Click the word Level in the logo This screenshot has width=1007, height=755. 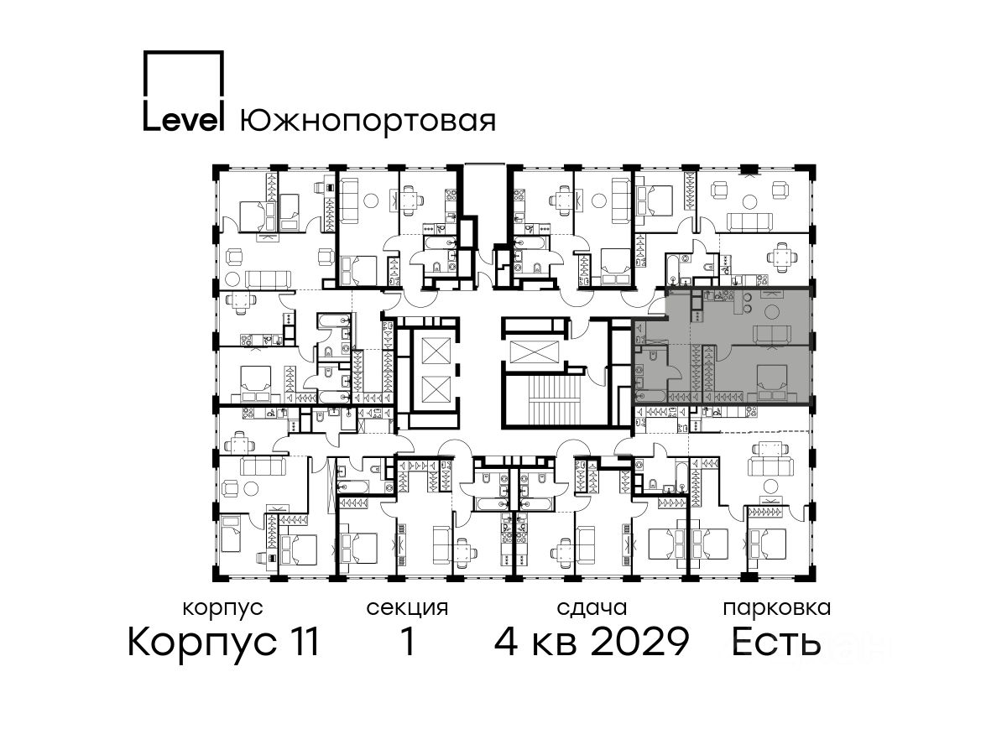coord(184,117)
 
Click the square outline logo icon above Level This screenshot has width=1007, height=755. coord(184,73)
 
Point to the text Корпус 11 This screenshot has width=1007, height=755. coord(223,643)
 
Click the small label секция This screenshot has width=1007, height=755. coord(407,608)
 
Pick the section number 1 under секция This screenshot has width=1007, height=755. coord(408,641)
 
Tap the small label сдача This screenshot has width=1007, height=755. coord(592,608)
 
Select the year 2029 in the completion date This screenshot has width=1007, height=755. coord(640,641)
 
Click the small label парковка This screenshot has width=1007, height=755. coord(777,608)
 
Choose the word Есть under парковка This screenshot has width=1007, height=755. coord(775,641)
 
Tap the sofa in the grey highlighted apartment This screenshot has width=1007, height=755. coord(774,333)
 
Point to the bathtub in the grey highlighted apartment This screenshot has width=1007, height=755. coord(650,395)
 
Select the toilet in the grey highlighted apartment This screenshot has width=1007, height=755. coord(652,357)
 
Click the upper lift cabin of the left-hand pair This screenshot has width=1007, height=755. coord(436,351)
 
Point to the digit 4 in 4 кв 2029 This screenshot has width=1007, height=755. coord(506,641)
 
